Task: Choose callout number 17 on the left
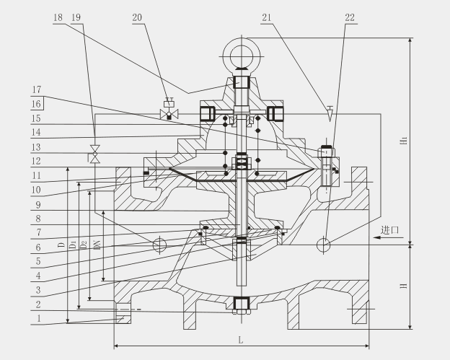tap(36, 91)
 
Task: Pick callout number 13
tap(36, 146)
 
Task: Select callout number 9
tap(36, 203)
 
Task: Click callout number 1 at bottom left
tap(36, 317)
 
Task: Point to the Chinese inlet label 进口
tap(390, 230)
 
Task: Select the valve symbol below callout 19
tap(94, 156)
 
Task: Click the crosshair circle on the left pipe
tap(159, 245)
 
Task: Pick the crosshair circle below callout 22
tap(325, 245)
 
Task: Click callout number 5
tap(36, 260)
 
